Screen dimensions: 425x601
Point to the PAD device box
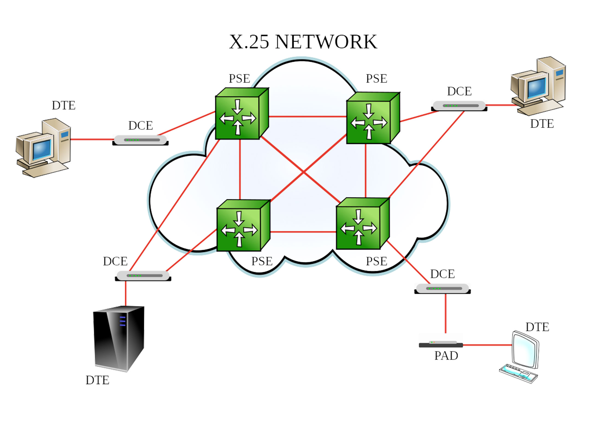(441, 344)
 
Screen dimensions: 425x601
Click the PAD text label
(446, 356)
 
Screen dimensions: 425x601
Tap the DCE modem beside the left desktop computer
(140, 140)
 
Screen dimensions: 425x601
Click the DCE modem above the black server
(143, 276)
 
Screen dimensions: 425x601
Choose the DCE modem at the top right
(459, 106)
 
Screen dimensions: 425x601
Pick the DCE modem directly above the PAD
(442, 289)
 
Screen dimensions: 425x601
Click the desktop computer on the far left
(43, 148)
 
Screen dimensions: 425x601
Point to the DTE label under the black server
(97, 380)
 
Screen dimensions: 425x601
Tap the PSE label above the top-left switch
(239, 79)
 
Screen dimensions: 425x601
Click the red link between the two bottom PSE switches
(303, 232)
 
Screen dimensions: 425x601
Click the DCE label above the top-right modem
(459, 91)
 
